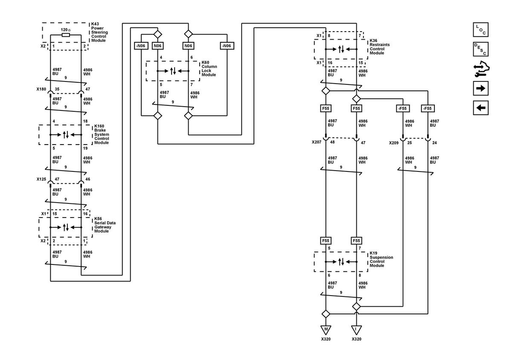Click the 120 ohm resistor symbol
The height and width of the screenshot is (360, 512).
(x=66, y=35)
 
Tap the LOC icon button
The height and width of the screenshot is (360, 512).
(x=480, y=29)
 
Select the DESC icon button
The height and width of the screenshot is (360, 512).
(x=480, y=49)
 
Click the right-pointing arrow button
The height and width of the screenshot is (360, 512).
(x=480, y=88)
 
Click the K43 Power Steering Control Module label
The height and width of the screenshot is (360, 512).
(x=99, y=32)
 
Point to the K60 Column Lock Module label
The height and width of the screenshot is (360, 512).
(x=209, y=69)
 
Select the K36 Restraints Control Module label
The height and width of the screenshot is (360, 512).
(x=379, y=46)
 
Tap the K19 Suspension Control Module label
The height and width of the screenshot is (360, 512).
(x=381, y=259)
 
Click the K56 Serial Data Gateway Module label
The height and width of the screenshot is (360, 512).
(x=105, y=225)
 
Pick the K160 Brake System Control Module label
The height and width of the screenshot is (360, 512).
(x=102, y=134)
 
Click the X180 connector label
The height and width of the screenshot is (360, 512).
(x=41, y=89)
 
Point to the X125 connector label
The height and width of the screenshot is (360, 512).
(x=41, y=179)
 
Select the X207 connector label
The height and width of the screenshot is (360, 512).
(x=316, y=142)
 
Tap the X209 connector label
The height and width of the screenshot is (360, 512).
(x=393, y=143)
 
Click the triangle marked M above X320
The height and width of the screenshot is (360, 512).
(x=326, y=330)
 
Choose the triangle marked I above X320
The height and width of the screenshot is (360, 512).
(x=356, y=330)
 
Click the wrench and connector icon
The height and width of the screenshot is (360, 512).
(x=481, y=69)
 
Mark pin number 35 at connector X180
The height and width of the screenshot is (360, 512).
(x=57, y=89)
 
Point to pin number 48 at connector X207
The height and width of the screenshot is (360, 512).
(x=332, y=142)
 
